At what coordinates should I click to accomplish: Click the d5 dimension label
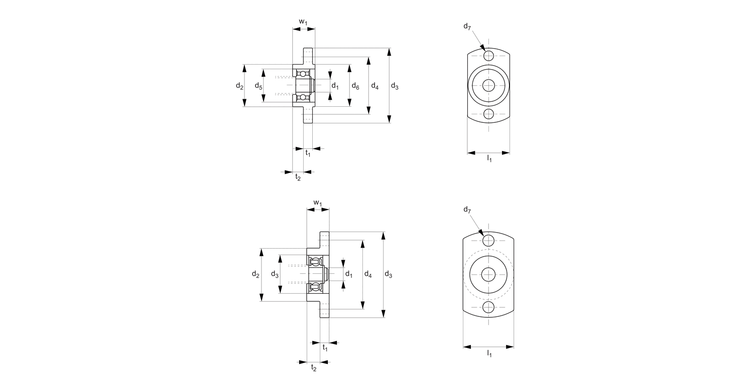[x=258, y=86]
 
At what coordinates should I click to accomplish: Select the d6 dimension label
[x=355, y=86]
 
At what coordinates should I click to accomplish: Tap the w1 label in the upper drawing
[x=303, y=22]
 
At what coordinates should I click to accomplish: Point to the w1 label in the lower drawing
[x=318, y=203]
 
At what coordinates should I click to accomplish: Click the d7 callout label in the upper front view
[x=467, y=27]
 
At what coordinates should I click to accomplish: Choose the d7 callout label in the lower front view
[x=467, y=209]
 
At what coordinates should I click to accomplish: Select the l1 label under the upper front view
[x=489, y=159]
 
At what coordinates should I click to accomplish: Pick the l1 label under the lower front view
[x=489, y=354]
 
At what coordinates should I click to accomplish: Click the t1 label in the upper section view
[x=308, y=154]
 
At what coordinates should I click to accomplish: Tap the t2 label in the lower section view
[x=314, y=367]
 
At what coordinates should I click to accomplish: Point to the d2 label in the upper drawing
[x=239, y=86]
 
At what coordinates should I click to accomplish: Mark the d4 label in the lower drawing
[x=368, y=275]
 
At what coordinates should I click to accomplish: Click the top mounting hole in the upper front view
[x=489, y=55]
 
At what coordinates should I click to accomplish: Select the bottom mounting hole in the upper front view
[x=489, y=114]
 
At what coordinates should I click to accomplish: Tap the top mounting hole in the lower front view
[x=488, y=241]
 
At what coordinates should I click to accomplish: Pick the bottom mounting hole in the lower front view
[x=488, y=307]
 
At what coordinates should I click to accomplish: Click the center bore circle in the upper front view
[x=489, y=85]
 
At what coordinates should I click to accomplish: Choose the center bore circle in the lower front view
[x=488, y=274]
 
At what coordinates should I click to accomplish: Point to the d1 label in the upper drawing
[x=335, y=86]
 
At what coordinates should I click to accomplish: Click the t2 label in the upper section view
[x=298, y=177]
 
